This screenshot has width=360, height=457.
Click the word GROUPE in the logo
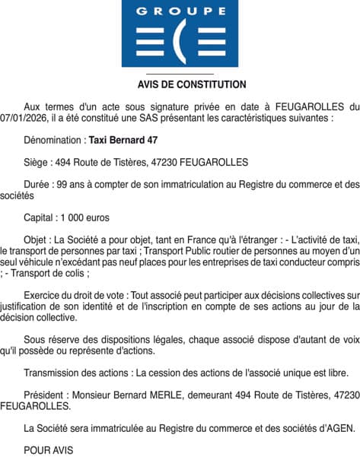pyautogui.click(x=180, y=11)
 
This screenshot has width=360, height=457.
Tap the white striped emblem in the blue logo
pyautogui.click(x=180, y=43)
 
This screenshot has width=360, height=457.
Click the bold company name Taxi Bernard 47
pyautogui.click(x=123, y=141)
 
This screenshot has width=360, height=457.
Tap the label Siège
pyautogui.click(x=37, y=162)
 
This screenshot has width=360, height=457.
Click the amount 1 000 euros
pyautogui.click(x=87, y=217)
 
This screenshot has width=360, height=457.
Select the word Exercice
pyautogui.click(x=45, y=294)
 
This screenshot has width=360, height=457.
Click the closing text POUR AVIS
pyautogui.click(x=49, y=450)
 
